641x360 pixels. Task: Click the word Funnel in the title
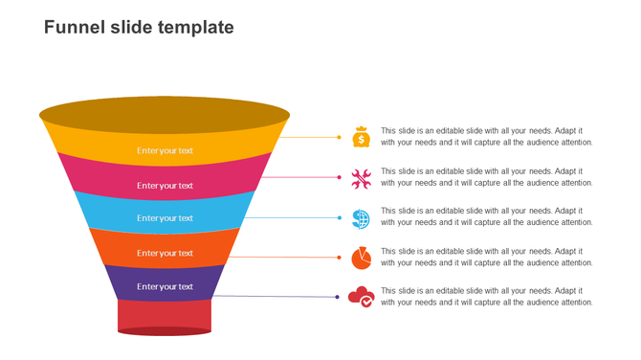pyautogui.click(x=73, y=28)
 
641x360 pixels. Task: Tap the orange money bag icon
pyautogui.click(x=361, y=137)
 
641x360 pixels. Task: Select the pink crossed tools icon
pyautogui.click(x=361, y=178)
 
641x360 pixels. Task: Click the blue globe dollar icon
pyautogui.click(x=361, y=218)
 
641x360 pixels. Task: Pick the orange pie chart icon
pyautogui.click(x=361, y=258)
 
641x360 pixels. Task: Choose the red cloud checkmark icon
pyautogui.click(x=361, y=297)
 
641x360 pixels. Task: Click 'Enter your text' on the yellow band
pyautogui.click(x=165, y=150)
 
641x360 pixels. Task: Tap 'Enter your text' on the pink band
pyautogui.click(x=165, y=186)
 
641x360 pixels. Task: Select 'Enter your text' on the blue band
pyautogui.click(x=165, y=218)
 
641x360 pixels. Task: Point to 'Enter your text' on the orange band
pyautogui.click(x=165, y=253)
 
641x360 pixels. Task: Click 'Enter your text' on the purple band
pyautogui.click(x=165, y=286)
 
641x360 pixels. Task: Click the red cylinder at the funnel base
pyautogui.click(x=165, y=316)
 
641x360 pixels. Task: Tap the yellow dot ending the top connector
pyautogui.click(x=339, y=137)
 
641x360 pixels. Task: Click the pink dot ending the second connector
pyautogui.click(x=339, y=177)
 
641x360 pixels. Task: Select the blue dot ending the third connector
pyautogui.click(x=339, y=217)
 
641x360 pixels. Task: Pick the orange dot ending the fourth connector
pyautogui.click(x=339, y=257)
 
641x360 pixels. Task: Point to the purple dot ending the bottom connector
pyautogui.click(x=338, y=297)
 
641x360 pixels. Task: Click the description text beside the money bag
pyautogui.click(x=486, y=137)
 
